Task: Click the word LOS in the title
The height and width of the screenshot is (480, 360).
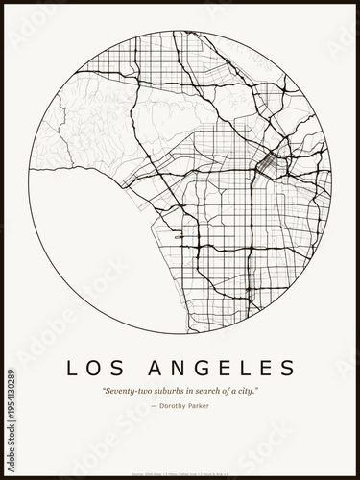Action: [x=96, y=368]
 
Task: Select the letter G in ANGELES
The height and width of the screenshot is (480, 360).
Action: [x=201, y=368]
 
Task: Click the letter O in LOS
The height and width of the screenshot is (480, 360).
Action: [x=96, y=368]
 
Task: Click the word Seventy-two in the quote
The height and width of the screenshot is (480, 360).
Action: [x=123, y=391]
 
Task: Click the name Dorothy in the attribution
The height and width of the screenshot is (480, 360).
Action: [x=176, y=406]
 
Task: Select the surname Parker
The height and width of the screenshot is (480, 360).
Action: [x=199, y=406]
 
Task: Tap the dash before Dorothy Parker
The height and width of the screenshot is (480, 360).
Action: [x=154, y=406]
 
